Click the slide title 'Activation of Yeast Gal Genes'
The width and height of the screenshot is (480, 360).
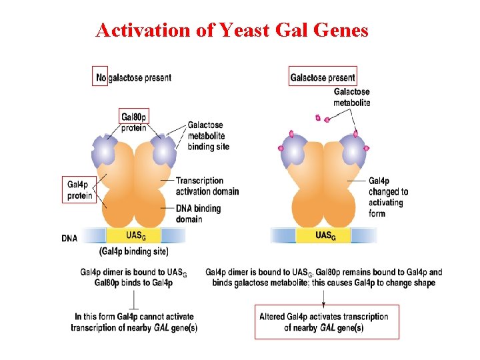point(231,30)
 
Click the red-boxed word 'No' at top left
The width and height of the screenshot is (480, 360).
point(100,77)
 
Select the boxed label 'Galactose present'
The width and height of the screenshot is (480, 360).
point(323,77)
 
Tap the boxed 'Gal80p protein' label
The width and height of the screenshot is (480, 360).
point(134,122)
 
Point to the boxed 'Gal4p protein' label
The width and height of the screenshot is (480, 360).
point(80,190)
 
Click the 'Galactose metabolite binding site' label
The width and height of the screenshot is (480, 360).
point(208,135)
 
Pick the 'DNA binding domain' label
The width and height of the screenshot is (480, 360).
point(198,214)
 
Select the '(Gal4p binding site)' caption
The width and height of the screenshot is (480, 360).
point(133,251)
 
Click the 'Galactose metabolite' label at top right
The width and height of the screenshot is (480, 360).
point(351,97)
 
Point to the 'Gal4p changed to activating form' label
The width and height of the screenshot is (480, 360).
point(388,197)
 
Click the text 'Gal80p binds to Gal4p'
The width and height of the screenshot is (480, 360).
point(133,283)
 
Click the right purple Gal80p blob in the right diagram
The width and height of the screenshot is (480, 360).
point(351,151)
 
